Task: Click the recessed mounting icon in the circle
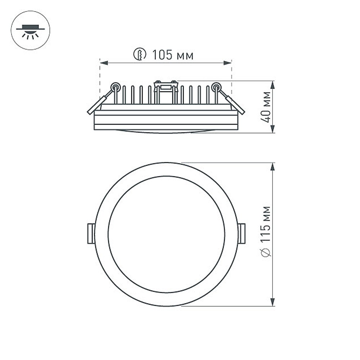pos(31,31)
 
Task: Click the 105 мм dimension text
pos(172,55)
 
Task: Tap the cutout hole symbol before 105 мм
pos(139,55)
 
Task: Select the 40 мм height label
pos(266,107)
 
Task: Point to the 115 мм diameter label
pos(266,223)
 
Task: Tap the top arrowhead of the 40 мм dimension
pos(273,85)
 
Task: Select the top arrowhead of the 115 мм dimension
pos(273,167)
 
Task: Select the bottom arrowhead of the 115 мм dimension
pos(273,302)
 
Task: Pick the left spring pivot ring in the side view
pos(115,86)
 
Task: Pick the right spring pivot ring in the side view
pos(216,86)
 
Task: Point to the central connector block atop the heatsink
pos(166,86)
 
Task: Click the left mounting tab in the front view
pos(91,234)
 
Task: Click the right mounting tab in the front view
pos(242,233)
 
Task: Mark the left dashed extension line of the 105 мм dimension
pos(100,79)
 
